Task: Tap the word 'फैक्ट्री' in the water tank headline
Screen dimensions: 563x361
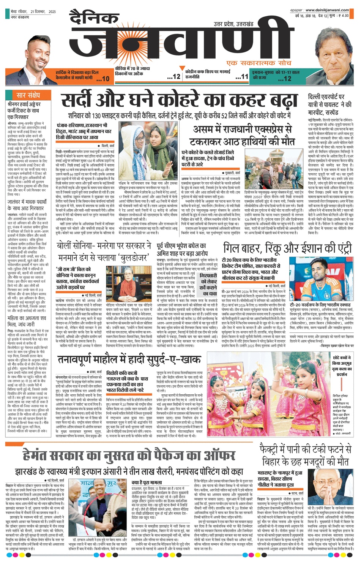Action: (x=274, y=450)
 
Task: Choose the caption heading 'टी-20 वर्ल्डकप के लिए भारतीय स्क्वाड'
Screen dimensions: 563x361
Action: (x=320, y=305)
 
